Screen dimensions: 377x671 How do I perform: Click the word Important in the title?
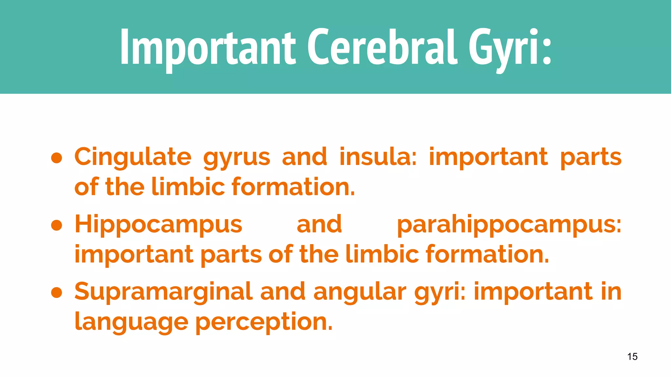click(208, 47)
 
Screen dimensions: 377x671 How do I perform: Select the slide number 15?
click(632, 356)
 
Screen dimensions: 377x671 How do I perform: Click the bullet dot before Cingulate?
click(57, 158)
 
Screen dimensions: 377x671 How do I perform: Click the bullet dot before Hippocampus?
click(57, 225)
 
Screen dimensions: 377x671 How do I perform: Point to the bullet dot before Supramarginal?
click(57, 293)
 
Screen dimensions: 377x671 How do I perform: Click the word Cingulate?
click(133, 157)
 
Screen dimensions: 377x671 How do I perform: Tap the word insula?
click(378, 156)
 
